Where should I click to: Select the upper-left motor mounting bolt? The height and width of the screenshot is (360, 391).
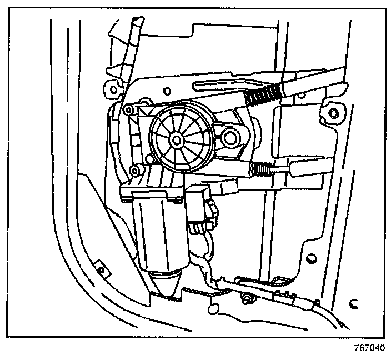coord(128,109)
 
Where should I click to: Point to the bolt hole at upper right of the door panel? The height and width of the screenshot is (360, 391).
coord(333,114)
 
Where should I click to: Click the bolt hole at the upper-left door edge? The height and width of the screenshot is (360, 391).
coord(113,88)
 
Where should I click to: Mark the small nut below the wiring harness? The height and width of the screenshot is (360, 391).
coord(245,301)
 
